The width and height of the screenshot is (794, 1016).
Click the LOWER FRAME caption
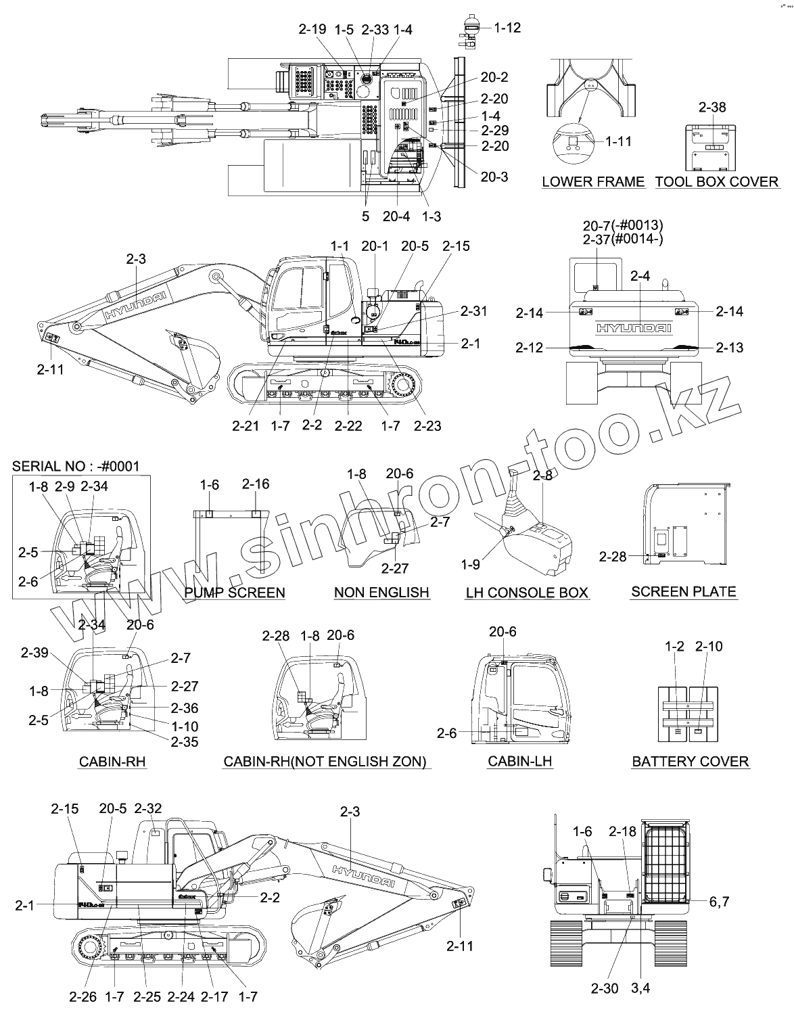[x=593, y=181]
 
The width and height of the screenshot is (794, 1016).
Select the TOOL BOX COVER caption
[x=717, y=181]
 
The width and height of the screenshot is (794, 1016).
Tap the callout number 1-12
[x=507, y=28]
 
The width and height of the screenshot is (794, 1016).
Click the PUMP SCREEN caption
[x=235, y=593]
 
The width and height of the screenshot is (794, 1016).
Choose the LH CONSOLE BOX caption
[x=527, y=593]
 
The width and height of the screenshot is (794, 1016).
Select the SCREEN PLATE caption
[x=683, y=591]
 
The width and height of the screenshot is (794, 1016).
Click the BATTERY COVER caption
[x=690, y=762]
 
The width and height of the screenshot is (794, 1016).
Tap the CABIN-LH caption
[x=519, y=761]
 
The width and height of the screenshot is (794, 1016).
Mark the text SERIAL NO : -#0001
[x=76, y=466]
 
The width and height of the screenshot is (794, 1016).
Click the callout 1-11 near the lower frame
[x=618, y=141]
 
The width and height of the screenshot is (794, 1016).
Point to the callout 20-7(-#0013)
[x=623, y=225]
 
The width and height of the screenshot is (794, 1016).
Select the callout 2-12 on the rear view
[x=529, y=348]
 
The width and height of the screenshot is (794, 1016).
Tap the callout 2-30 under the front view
[x=604, y=988]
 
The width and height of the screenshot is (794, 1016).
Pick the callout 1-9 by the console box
[x=471, y=563]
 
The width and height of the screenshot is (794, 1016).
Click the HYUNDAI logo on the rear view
[x=634, y=328]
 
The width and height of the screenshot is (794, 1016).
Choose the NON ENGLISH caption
[x=381, y=593]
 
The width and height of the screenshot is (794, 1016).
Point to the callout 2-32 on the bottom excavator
[x=148, y=808]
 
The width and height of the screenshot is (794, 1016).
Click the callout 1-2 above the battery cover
[x=674, y=647]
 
